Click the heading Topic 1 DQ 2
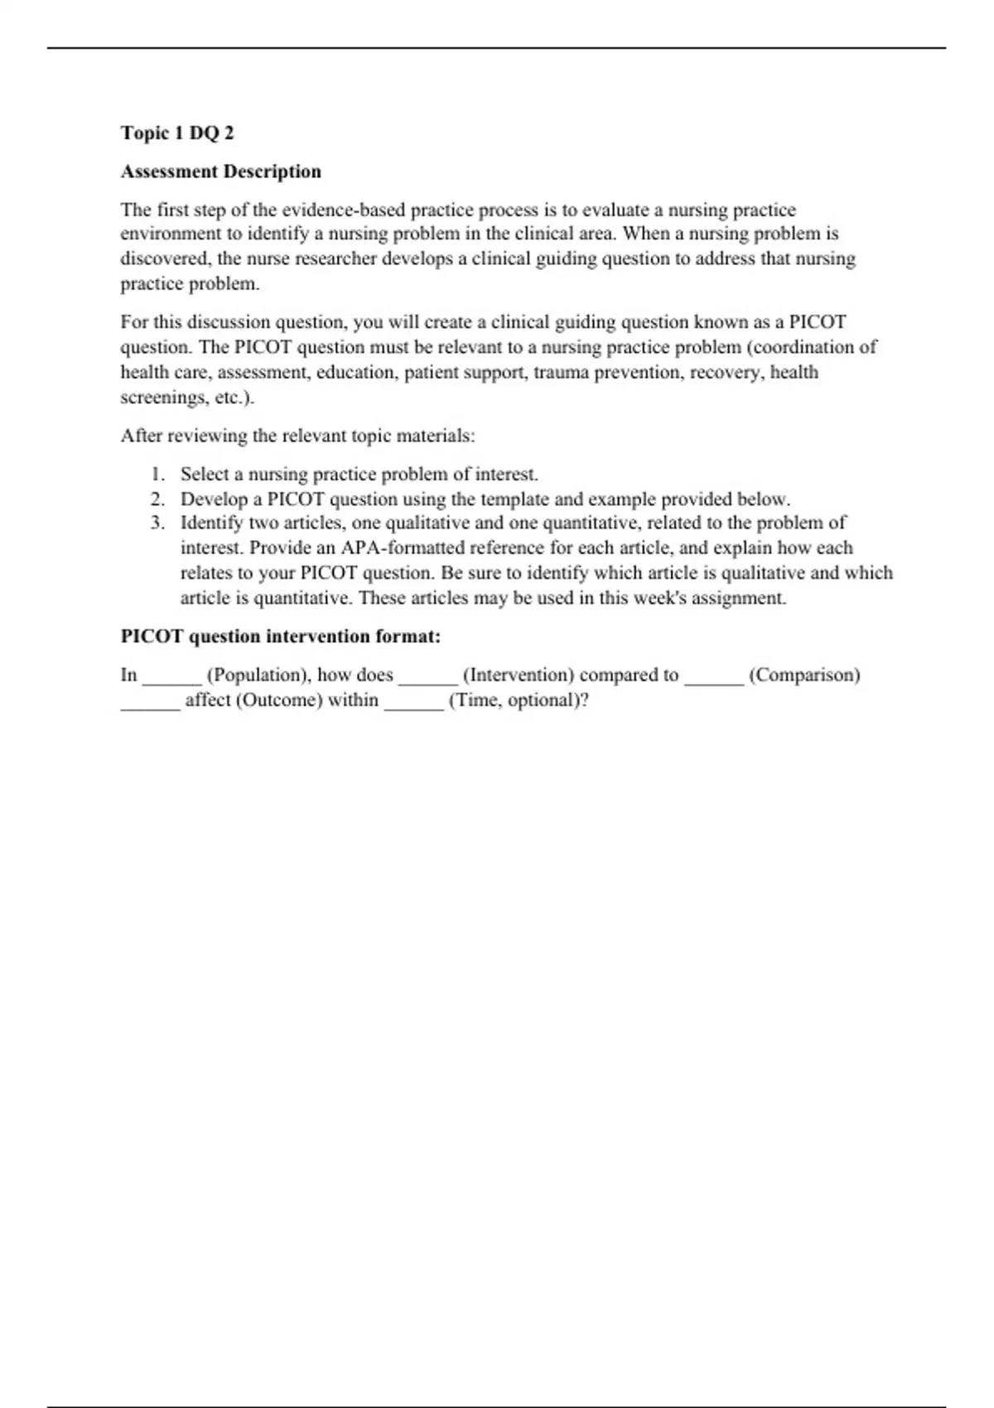tap(177, 133)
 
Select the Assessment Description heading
tap(220, 171)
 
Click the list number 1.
tap(157, 475)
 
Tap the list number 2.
tap(157, 499)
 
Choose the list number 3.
tap(157, 523)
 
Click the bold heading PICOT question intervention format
tap(280, 636)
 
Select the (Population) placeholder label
tap(258, 675)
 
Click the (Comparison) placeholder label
tap(804, 675)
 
